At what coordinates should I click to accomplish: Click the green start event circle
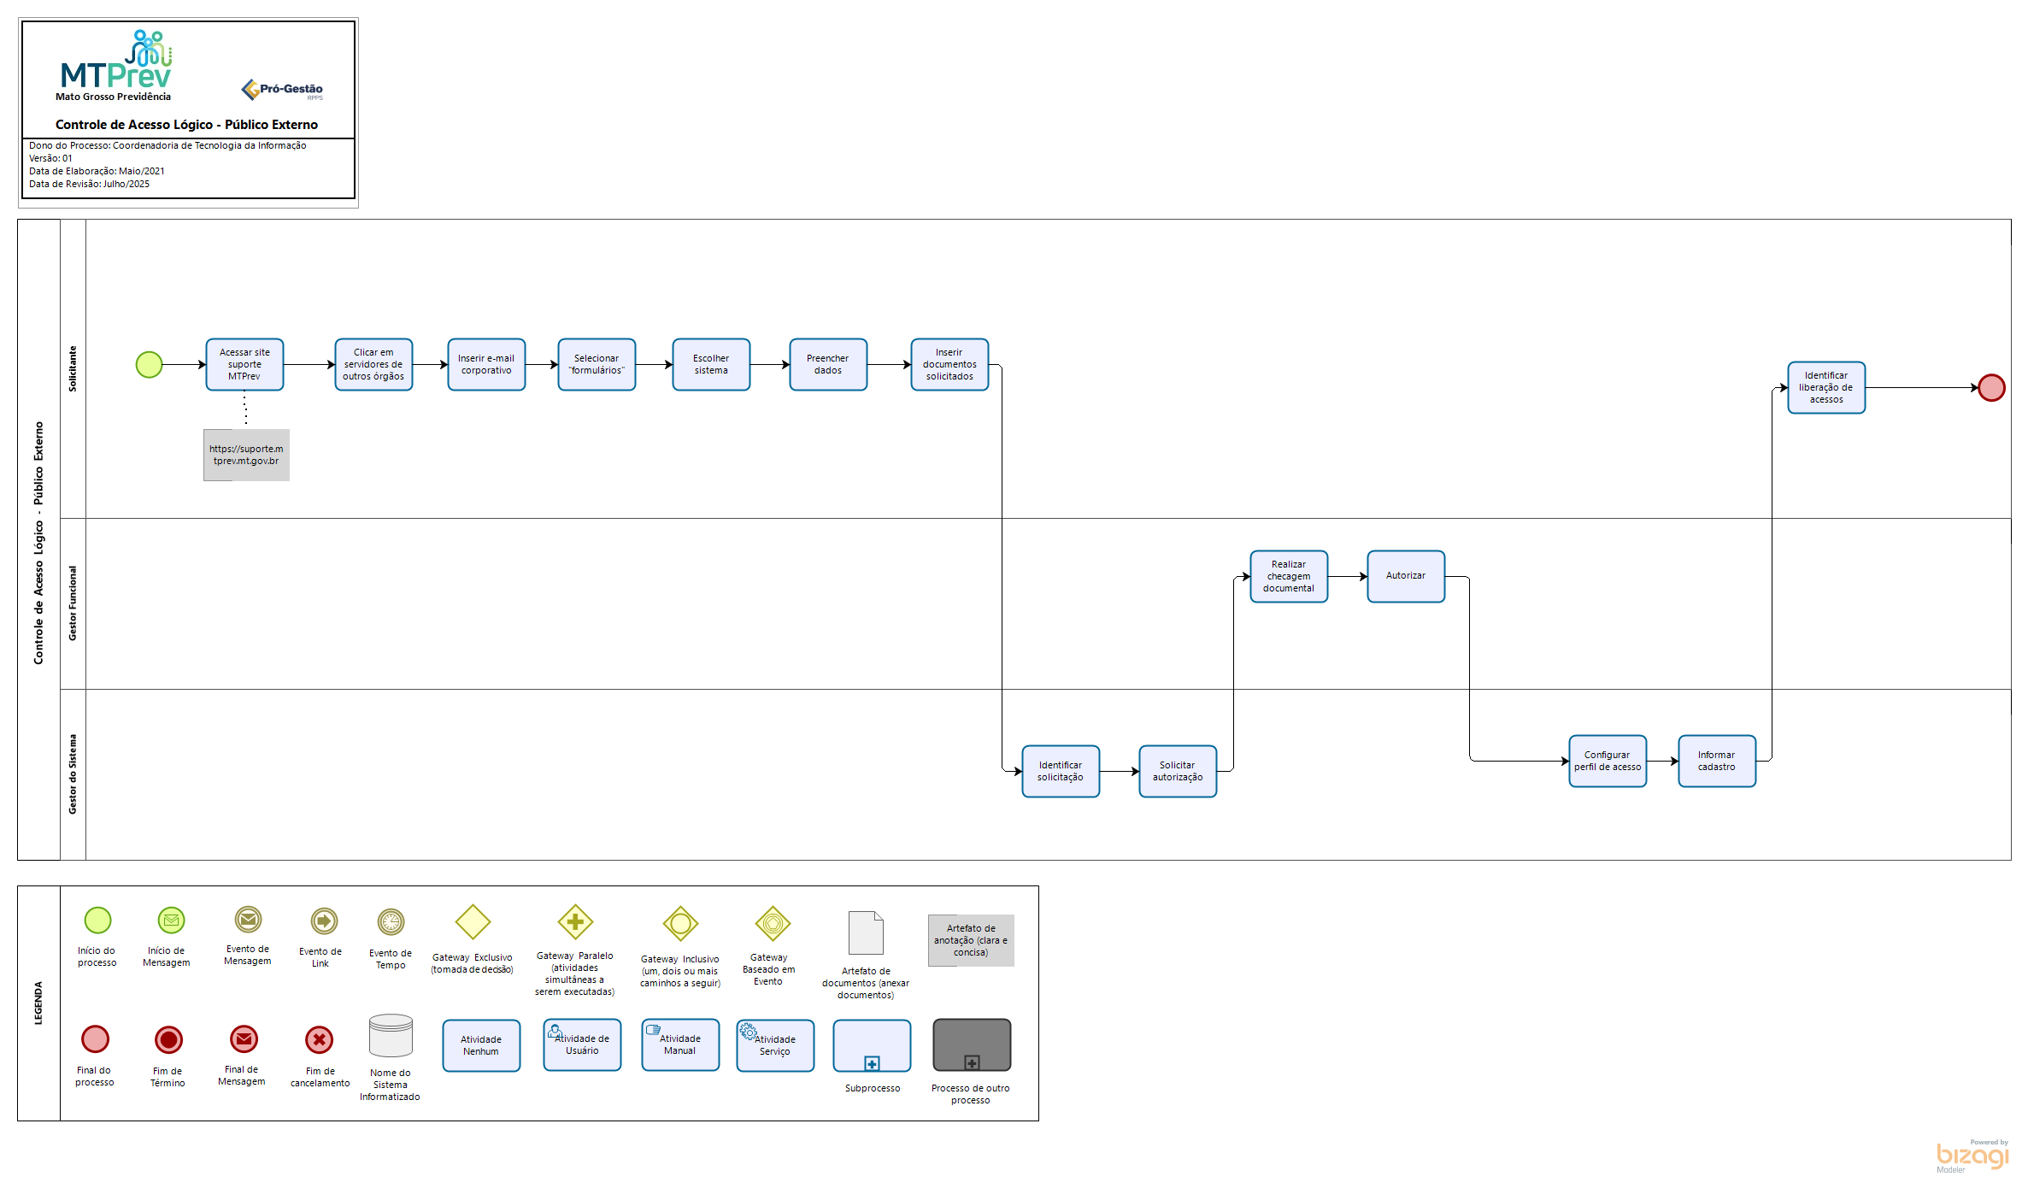point(150,365)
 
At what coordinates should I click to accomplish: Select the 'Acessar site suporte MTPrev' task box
point(244,365)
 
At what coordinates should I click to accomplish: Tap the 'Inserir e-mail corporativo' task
point(486,365)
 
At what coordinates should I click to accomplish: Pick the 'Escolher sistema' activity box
point(711,365)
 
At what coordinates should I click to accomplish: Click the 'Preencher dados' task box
point(828,365)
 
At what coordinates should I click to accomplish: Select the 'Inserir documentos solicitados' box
point(949,365)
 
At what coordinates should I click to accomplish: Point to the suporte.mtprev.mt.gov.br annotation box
point(246,455)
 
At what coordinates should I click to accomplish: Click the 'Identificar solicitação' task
point(1061,772)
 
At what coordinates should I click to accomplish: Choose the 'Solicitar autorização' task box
point(1178,772)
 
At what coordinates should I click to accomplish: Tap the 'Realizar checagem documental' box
point(1289,577)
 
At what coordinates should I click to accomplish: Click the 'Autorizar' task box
point(1406,577)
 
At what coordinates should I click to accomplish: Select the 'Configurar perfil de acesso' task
point(1608,762)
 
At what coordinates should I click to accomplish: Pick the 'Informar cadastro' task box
point(1717,762)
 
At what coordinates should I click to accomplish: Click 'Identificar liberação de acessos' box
point(1826,388)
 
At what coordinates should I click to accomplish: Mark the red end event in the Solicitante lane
point(1992,388)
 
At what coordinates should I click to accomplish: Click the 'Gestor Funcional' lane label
point(73,603)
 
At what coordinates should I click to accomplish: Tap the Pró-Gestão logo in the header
point(282,90)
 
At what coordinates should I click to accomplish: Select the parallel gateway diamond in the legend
point(575,922)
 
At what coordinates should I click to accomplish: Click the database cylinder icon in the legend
point(391,1036)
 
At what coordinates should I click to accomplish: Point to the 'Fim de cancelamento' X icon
point(320,1040)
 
